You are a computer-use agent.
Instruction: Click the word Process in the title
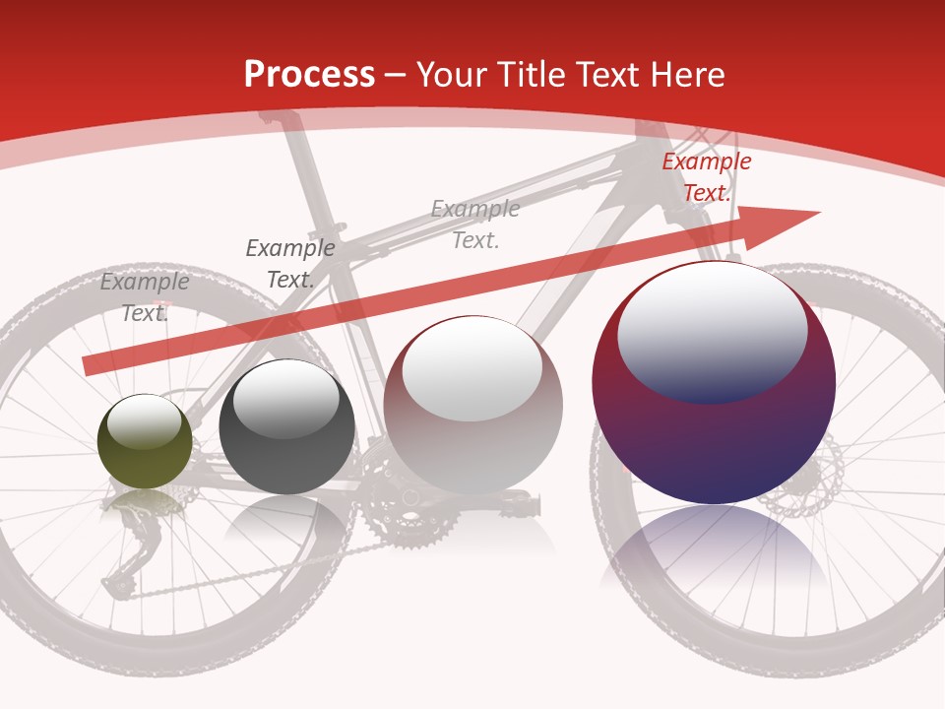[309, 75]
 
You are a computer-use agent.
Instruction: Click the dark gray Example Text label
[290, 264]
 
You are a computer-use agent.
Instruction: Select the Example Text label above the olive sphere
[145, 297]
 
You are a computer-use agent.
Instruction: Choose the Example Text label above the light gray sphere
[475, 224]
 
